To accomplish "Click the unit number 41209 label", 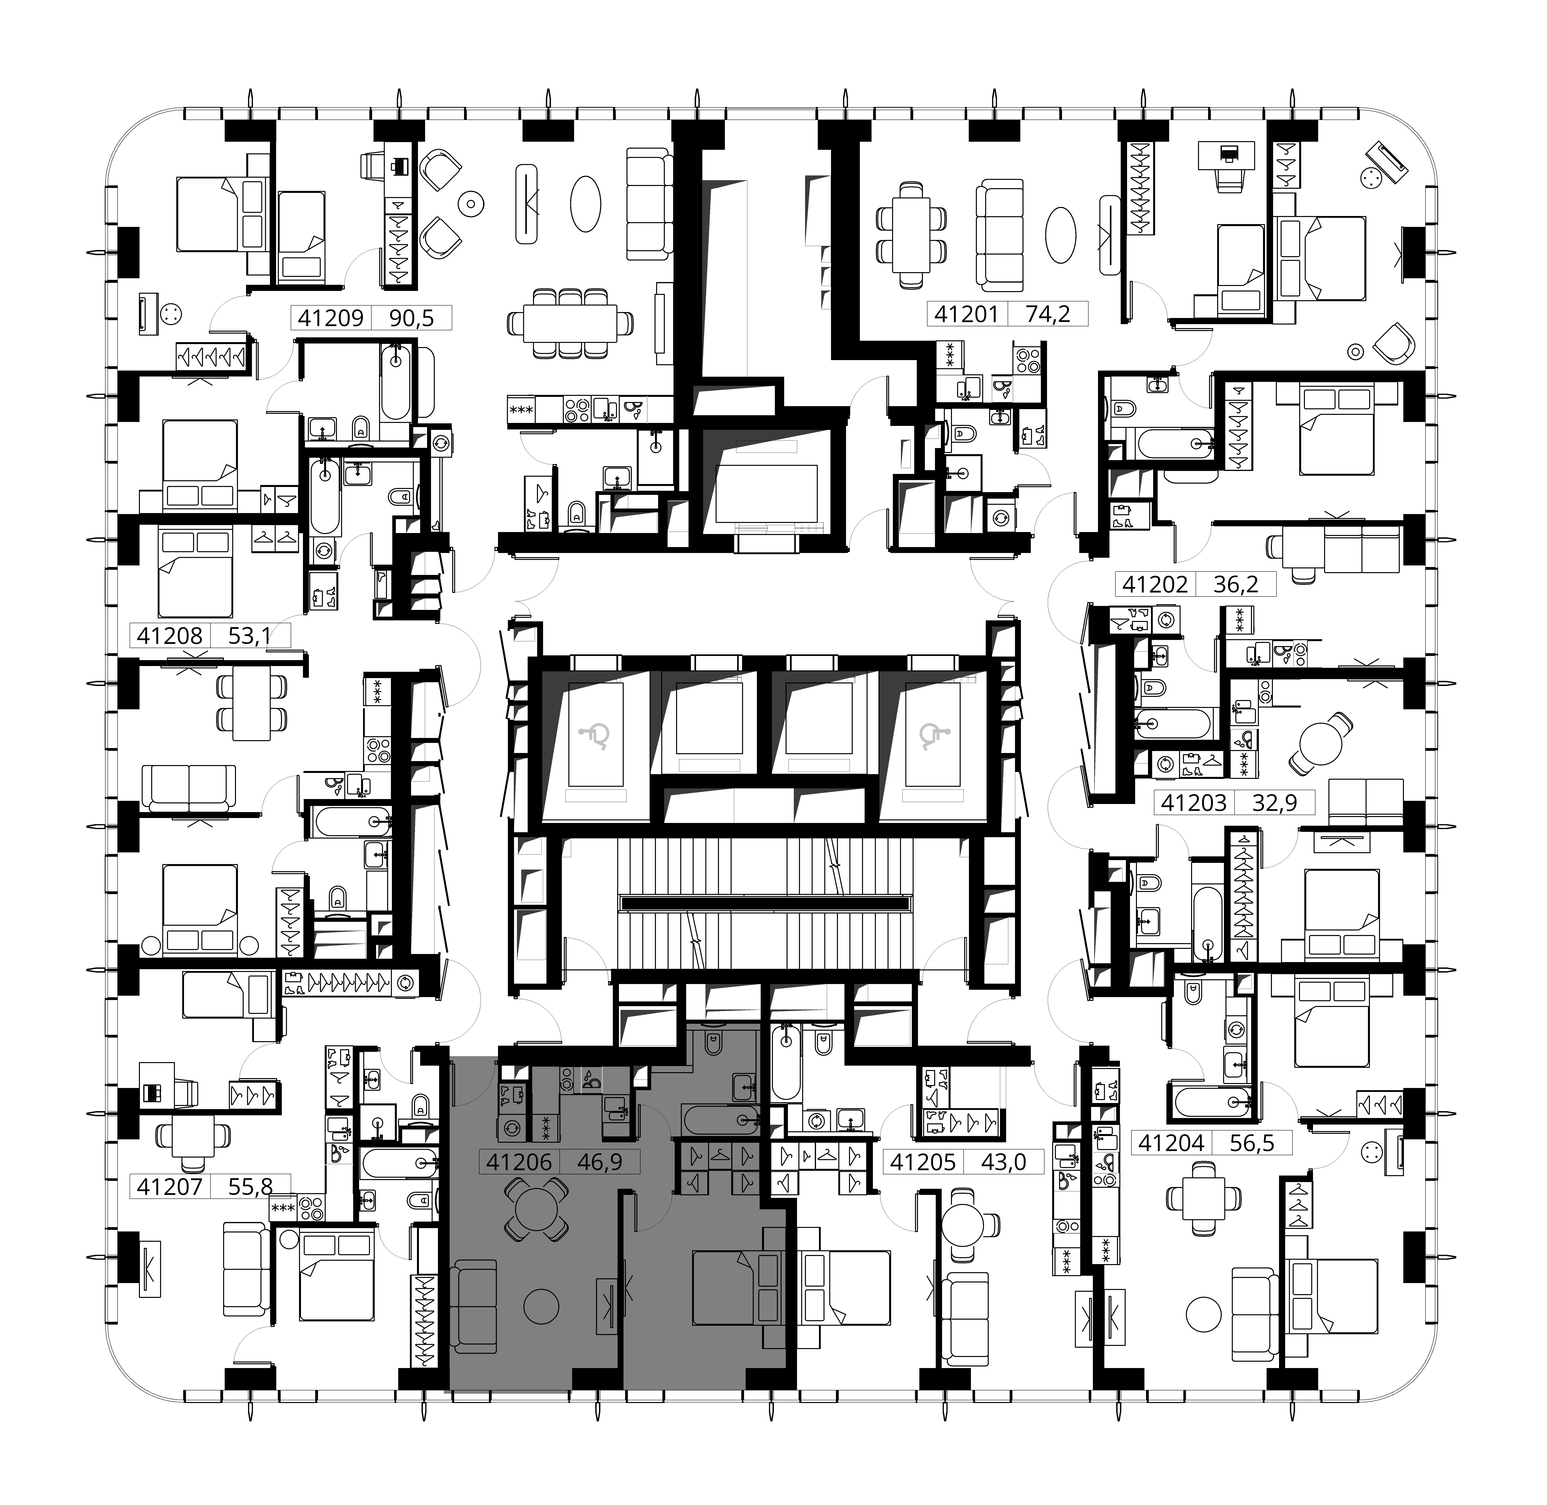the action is [330, 318].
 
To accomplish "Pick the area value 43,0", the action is [1003, 1162].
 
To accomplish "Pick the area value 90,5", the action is [412, 318].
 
